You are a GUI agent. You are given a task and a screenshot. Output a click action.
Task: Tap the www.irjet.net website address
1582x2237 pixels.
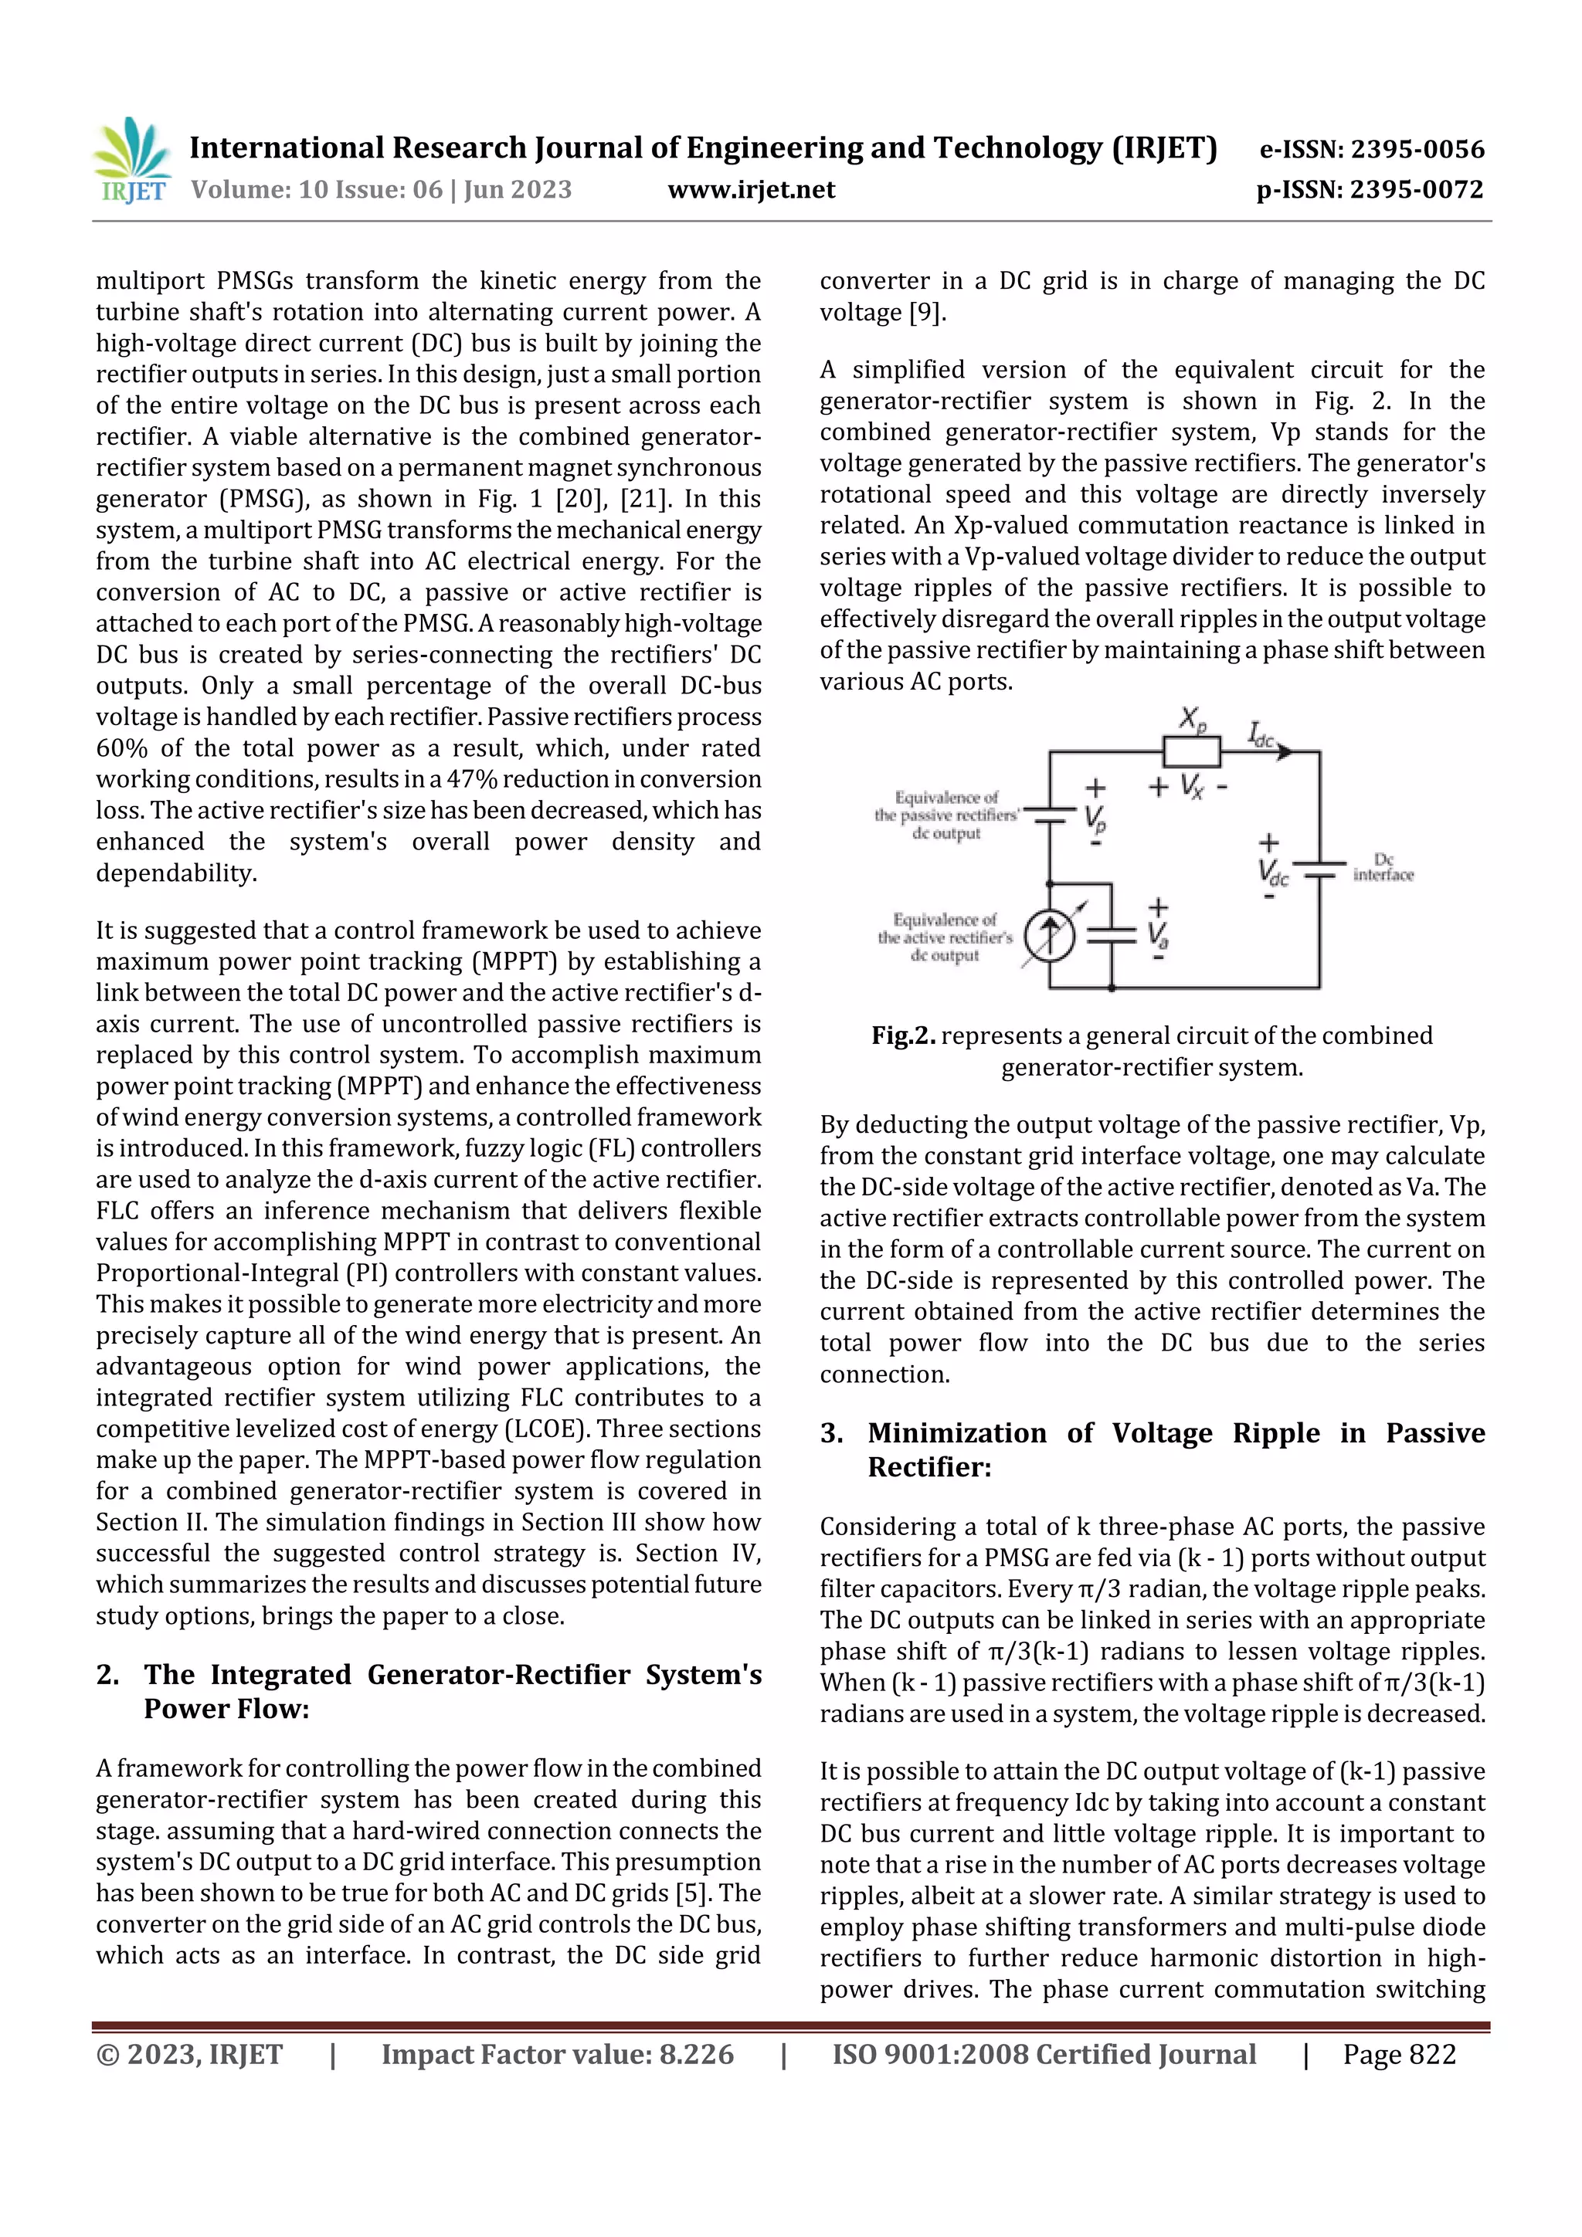click(751, 190)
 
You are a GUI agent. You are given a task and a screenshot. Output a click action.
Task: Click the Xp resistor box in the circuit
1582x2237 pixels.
click(1191, 751)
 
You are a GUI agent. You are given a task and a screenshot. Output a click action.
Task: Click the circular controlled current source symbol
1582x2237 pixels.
click(1050, 937)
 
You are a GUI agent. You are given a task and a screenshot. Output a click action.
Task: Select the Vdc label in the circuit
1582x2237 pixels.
click(1272, 871)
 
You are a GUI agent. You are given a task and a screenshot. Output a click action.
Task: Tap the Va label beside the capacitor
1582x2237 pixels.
click(1158, 935)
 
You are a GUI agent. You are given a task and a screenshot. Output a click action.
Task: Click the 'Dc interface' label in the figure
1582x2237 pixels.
click(1382, 866)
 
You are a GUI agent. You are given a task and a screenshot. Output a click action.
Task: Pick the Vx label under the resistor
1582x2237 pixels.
click(1191, 785)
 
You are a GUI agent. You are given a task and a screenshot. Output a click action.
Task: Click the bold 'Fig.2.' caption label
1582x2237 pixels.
click(904, 1035)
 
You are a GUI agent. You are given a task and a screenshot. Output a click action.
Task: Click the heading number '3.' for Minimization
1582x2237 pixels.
click(831, 1433)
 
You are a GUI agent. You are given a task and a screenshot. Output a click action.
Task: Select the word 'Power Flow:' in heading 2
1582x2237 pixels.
click(226, 1709)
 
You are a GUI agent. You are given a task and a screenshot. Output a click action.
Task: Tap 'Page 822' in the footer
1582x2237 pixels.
click(1399, 2055)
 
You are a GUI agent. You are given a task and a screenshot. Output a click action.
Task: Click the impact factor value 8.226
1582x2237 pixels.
click(696, 2055)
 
